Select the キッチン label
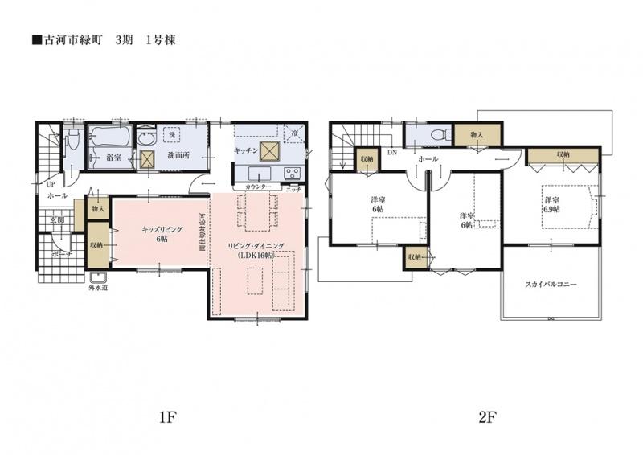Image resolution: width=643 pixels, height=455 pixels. [246, 150]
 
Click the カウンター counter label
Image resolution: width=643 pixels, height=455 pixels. [259, 187]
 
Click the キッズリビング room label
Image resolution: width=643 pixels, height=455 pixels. [162, 229]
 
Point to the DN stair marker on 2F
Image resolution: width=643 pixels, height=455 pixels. [391, 152]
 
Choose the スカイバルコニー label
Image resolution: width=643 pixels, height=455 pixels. [551, 285]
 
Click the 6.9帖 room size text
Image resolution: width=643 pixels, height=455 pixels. [551, 208]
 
